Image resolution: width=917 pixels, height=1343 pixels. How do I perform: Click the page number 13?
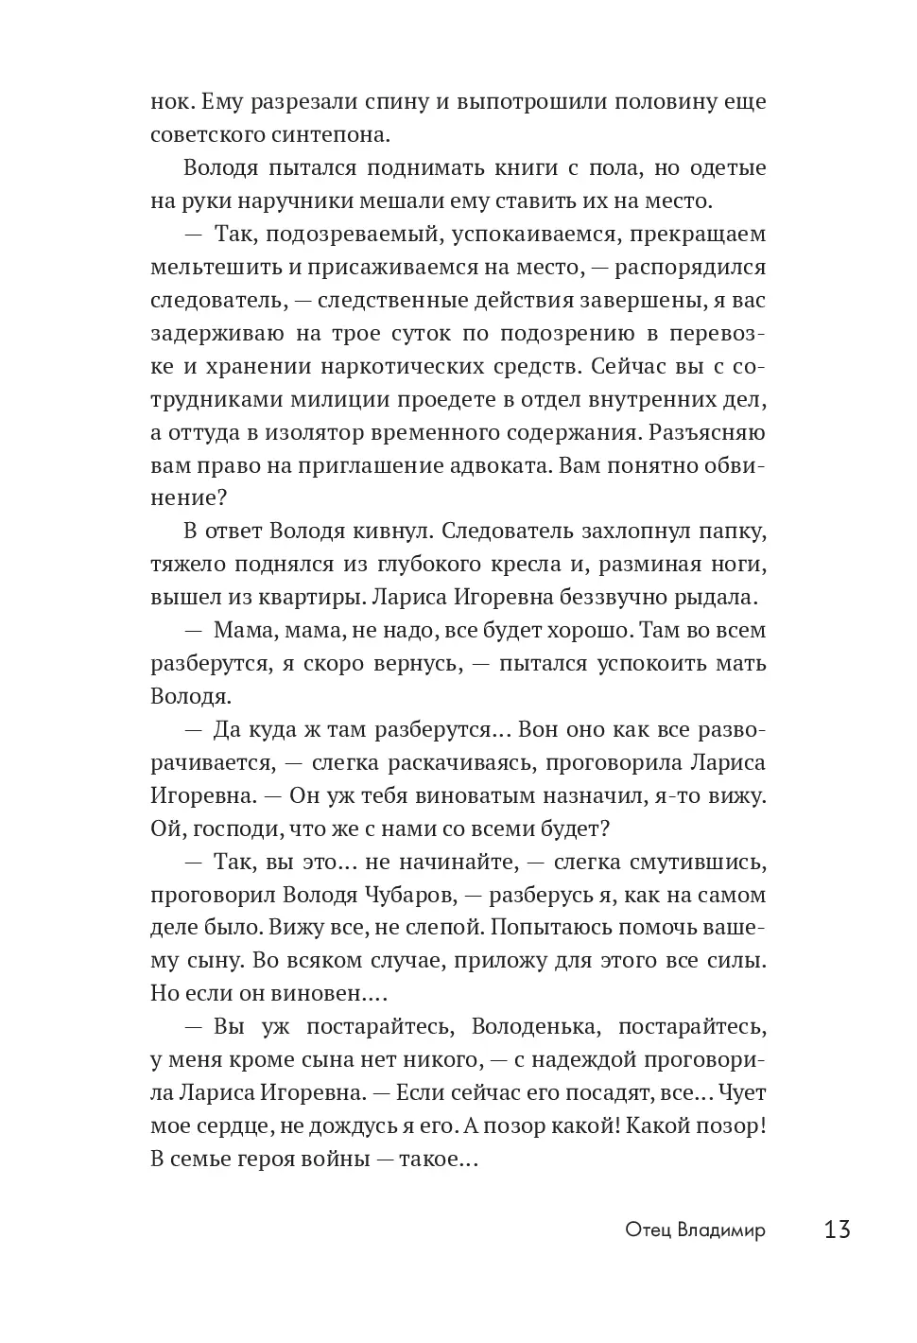(838, 1230)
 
